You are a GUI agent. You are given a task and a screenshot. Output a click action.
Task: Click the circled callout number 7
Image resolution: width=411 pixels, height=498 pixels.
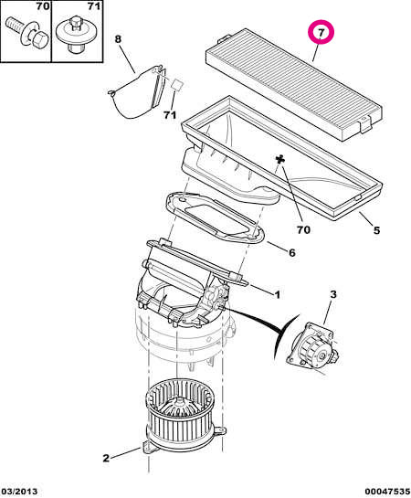321,33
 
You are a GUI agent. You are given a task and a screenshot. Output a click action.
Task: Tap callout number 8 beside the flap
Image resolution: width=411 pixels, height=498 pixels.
118,39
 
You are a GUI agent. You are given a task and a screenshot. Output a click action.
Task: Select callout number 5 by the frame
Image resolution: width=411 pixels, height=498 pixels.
376,230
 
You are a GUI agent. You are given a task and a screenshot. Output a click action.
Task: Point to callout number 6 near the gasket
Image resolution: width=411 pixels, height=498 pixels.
291,252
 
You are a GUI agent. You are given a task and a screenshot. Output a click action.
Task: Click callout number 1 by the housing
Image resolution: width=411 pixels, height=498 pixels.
277,295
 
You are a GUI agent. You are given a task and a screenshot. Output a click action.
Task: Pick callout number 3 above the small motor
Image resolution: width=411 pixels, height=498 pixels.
332,294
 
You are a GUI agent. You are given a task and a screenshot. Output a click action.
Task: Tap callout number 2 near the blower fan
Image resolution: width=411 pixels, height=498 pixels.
106,458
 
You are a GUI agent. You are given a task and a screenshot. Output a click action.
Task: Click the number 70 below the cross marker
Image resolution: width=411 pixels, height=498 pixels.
303,229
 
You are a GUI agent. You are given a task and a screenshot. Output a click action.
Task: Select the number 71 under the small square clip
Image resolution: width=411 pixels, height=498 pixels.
170,115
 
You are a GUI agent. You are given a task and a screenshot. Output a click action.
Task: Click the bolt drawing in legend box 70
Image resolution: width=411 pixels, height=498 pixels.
26,33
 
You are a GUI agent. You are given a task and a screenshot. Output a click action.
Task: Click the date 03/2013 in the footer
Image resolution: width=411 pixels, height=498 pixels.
20,492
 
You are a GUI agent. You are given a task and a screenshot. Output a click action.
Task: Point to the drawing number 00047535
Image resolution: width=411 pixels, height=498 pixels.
387,492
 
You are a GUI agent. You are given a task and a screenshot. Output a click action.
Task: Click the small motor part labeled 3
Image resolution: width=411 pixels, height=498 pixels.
312,345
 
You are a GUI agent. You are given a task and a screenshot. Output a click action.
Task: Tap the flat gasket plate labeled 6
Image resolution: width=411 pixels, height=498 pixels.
215,217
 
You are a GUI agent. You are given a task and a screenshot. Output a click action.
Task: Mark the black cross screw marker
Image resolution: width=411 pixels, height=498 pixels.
279,159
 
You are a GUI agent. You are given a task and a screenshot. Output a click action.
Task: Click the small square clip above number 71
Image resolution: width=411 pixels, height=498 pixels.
177,85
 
